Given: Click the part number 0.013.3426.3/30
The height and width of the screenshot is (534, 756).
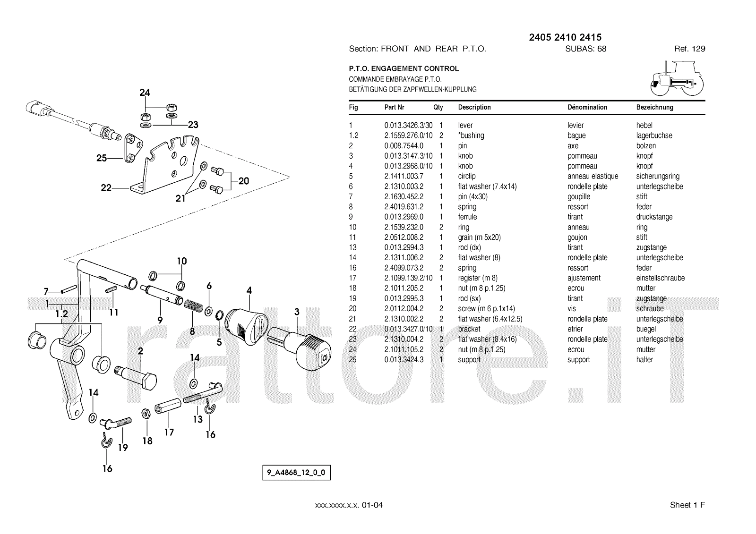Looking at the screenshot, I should coord(408,125).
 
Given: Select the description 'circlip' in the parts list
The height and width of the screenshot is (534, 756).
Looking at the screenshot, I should coord(467,176).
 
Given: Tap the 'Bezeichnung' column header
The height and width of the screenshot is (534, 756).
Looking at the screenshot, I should coord(654,107).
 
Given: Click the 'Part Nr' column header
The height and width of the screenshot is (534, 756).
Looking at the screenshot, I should coord(394,107).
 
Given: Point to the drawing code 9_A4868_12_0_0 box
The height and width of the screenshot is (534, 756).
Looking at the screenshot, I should coord(296,472).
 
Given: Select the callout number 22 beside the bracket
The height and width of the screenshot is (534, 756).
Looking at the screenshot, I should coord(106,188).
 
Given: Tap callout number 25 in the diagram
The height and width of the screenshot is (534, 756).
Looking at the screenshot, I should coord(102,158).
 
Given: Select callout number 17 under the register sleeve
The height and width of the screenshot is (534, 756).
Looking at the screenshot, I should coord(169,432).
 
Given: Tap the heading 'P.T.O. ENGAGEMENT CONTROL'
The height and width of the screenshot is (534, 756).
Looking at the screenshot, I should coord(404,68).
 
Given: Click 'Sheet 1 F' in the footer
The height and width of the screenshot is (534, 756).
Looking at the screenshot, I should coord(687,505).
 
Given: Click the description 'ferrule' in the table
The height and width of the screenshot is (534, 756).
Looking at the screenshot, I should coord(467,217).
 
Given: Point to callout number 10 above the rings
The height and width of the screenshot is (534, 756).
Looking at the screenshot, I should coord(182,261).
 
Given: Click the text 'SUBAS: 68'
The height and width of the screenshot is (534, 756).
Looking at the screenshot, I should coord(585,49).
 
